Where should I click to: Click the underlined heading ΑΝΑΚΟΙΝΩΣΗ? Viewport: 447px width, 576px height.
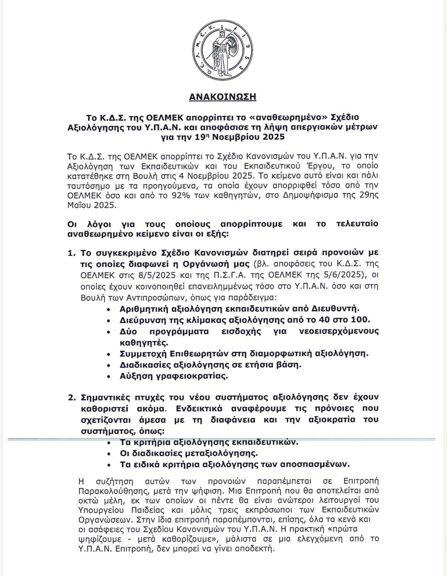[x=222, y=97]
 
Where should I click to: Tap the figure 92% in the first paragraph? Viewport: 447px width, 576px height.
[x=182, y=195]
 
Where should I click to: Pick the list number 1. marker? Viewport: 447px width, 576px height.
[x=71, y=253]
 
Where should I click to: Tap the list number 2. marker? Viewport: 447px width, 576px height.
[x=71, y=397]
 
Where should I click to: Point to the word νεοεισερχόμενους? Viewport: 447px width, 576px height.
[x=339, y=331]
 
